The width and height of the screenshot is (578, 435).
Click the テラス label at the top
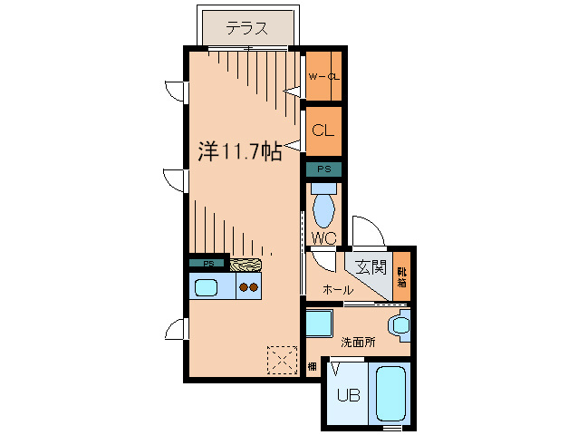(x=246, y=28)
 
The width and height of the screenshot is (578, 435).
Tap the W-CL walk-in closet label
(x=323, y=76)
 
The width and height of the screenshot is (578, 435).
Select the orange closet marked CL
(x=323, y=130)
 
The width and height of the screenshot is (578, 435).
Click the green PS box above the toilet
(x=323, y=169)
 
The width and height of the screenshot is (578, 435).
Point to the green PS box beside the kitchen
(x=208, y=264)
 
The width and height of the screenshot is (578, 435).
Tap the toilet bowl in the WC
(x=323, y=207)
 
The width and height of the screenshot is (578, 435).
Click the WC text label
(x=323, y=238)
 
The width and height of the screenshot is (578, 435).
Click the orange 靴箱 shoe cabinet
(x=400, y=275)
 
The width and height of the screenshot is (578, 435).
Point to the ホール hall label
(x=338, y=290)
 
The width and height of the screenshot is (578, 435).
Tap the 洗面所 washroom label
(x=357, y=343)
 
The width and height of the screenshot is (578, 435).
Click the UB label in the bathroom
(x=348, y=395)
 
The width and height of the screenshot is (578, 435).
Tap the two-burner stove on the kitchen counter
(x=248, y=288)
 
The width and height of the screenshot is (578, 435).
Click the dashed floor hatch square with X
(x=282, y=360)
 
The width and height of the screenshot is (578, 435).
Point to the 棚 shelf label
(x=312, y=367)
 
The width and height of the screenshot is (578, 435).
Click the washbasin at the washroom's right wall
(x=399, y=324)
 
